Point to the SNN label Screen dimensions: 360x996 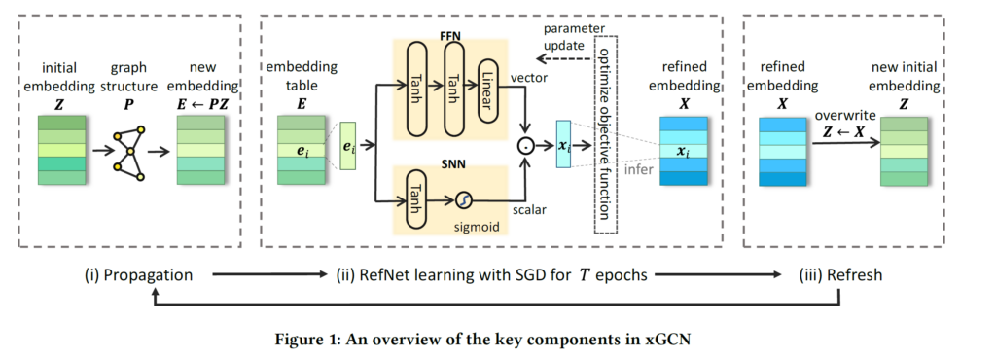(x=449, y=157)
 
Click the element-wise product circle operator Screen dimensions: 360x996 (x=527, y=148)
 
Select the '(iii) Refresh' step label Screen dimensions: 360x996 (x=840, y=276)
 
